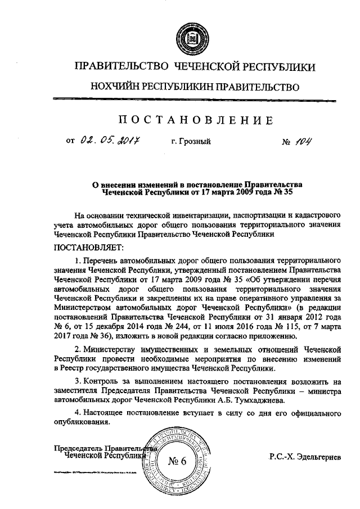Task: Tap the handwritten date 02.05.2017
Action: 110,142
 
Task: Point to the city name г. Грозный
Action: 191,142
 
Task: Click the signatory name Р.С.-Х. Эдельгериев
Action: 305,458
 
